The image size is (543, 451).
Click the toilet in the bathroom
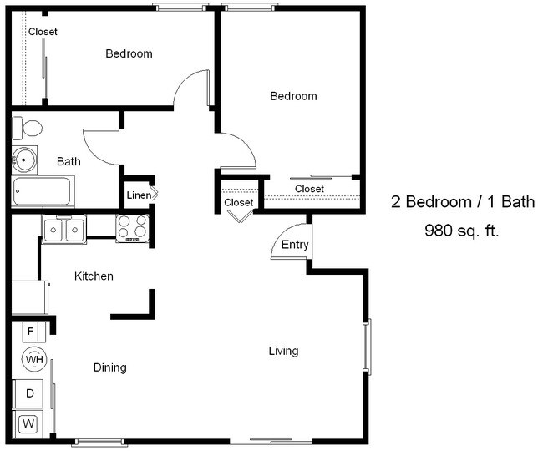tap(27, 129)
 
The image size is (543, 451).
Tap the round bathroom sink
tap(24, 160)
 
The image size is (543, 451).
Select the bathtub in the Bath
tap(43, 191)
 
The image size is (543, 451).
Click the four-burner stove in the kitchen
tap(132, 228)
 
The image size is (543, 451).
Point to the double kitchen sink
tap(64, 229)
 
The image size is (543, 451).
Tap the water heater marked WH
tap(34, 359)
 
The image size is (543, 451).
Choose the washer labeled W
tap(28, 423)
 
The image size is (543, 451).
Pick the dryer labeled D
tap(28, 393)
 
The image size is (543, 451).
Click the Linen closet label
tap(139, 195)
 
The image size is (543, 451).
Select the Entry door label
tap(295, 245)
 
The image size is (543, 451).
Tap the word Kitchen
tap(94, 276)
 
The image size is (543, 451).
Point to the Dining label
tap(110, 367)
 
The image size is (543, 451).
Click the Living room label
tap(284, 351)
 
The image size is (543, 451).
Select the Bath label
tap(69, 161)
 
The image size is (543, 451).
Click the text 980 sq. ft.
tap(462, 231)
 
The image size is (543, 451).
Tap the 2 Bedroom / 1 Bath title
tap(463, 201)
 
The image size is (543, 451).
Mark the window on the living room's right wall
tap(367, 347)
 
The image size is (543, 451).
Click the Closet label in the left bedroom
tap(43, 32)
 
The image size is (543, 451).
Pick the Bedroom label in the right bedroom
tap(294, 96)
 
